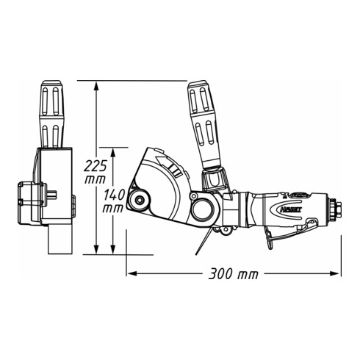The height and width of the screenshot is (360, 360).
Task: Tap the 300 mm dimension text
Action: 234,275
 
